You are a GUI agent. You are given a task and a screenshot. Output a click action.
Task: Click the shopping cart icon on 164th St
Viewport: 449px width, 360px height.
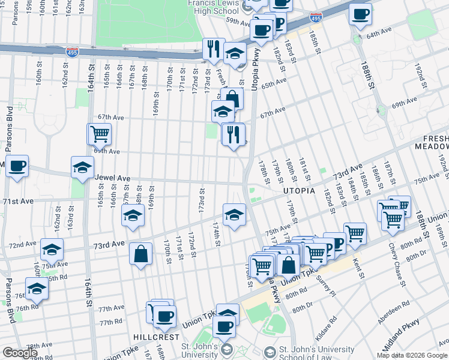click(100, 134)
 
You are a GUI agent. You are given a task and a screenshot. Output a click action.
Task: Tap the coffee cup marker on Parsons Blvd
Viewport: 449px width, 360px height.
click(17, 166)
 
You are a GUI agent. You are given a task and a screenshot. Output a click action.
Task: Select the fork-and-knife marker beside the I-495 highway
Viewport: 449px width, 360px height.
click(213, 49)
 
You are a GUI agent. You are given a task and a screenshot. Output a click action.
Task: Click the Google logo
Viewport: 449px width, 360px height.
click(20, 353)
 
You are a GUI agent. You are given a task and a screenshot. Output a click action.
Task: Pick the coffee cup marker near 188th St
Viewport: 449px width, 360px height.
click(360, 15)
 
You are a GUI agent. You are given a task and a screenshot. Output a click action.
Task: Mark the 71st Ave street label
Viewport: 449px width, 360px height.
click(18, 201)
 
